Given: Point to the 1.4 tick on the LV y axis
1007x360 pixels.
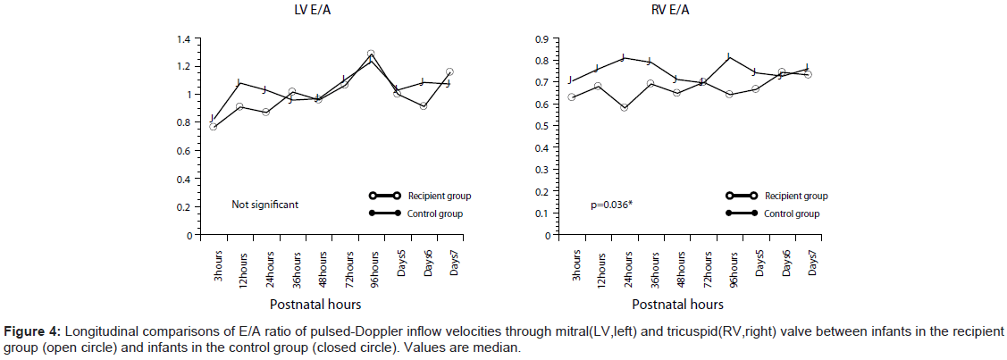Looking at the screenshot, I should coord(185,39).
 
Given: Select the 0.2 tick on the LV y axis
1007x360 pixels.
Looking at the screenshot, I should coord(185,207).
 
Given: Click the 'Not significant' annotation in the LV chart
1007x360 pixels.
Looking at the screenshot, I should coord(264,204).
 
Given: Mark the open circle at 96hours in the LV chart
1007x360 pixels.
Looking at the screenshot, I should coord(371,54).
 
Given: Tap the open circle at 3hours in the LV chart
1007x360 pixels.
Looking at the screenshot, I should coord(213,127).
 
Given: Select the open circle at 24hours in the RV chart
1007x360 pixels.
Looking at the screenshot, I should coord(624,107).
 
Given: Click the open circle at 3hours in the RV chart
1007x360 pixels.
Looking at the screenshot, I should coord(571,96).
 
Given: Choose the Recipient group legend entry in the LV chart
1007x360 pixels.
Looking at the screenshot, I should coord(439,196).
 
